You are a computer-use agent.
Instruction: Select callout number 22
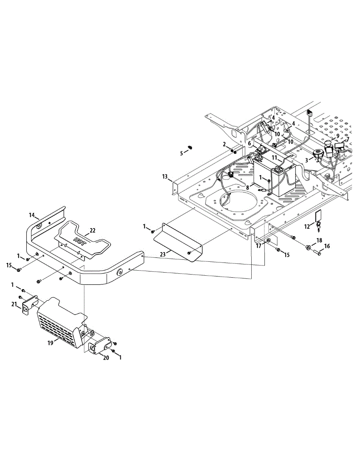tap(92, 230)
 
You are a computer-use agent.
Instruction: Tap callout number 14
tap(32, 215)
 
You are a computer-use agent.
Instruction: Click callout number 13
tap(165, 177)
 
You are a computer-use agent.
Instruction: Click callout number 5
tap(181, 153)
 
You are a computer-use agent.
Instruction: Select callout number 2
tap(224, 144)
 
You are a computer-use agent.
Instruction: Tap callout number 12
tap(306, 227)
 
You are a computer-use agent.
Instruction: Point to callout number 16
tap(327, 246)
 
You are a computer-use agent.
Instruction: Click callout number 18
tap(319, 241)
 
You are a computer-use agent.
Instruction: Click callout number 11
tap(274, 158)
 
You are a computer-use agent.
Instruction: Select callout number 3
tap(307, 160)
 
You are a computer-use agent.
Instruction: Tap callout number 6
tap(249, 143)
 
